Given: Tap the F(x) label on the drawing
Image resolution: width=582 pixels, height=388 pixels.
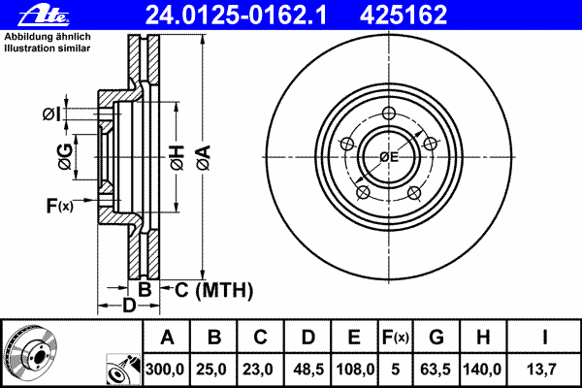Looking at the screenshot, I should [x=58, y=205].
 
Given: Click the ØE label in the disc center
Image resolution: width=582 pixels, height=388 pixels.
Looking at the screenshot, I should [x=389, y=156].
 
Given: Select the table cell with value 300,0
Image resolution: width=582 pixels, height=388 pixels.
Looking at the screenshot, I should [x=167, y=370].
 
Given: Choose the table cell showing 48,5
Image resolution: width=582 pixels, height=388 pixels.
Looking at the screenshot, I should [x=307, y=370].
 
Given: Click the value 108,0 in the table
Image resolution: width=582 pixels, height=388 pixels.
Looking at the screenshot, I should [x=355, y=370].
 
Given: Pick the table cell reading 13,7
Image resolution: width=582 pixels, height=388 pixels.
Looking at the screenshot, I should [x=543, y=370].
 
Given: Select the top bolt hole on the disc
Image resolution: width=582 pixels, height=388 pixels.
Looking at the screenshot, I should [x=388, y=112].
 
